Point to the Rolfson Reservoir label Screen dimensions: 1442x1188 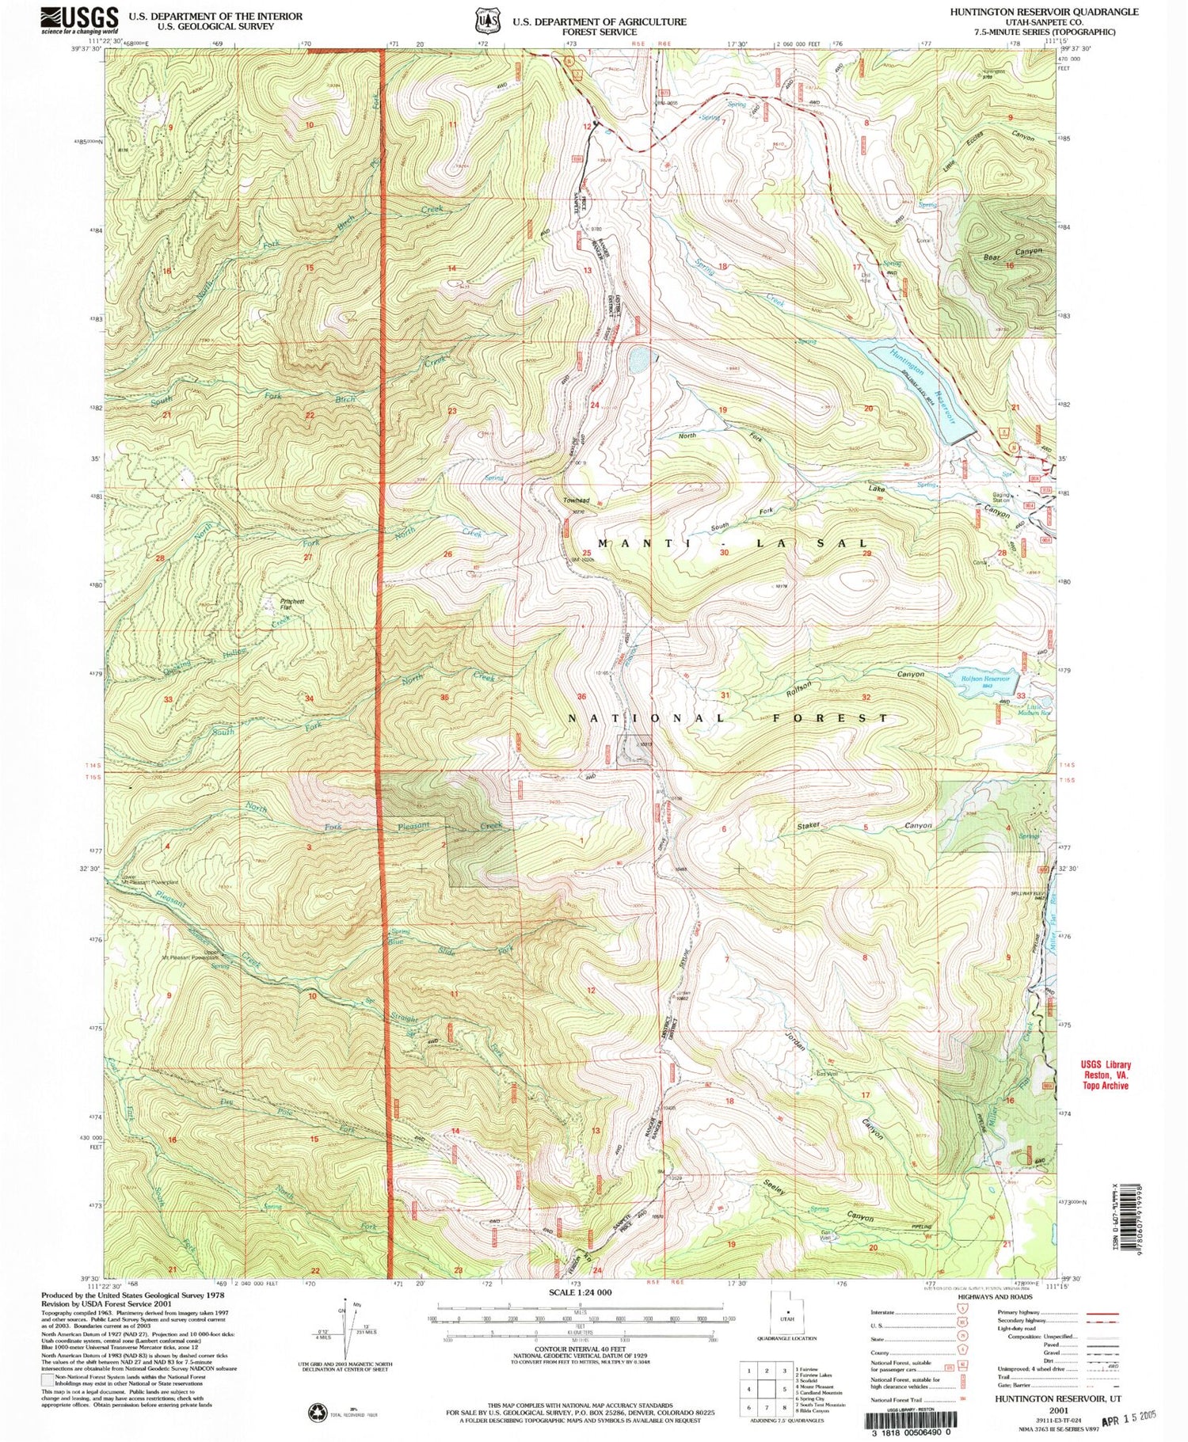coord(985,679)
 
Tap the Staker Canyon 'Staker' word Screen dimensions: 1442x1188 coord(809,826)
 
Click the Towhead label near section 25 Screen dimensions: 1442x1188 coord(576,501)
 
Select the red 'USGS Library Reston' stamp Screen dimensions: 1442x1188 coord(1106,1075)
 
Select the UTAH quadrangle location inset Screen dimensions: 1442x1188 coord(786,1315)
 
